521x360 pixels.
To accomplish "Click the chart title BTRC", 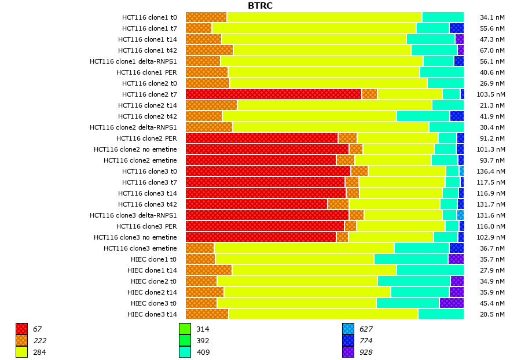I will (x=260, y=6).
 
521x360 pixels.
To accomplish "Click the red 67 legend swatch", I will (x=21, y=329).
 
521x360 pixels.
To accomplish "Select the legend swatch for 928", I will (x=348, y=352).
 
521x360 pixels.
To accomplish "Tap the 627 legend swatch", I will (x=348, y=329).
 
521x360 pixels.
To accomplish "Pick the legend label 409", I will (x=203, y=352).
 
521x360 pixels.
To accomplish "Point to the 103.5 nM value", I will (x=492, y=94).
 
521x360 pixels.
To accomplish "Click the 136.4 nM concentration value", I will (x=492, y=171).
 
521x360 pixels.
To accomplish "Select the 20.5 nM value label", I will (x=492, y=314).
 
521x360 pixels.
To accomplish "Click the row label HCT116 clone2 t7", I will (x=149, y=94).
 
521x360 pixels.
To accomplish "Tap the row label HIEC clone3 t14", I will (x=152, y=314).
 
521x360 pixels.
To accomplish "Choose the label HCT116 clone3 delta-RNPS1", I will (x=133, y=215).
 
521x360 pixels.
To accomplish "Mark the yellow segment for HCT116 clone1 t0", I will (x=324, y=17).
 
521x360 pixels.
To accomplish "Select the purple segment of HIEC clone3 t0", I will (x=452, y=303).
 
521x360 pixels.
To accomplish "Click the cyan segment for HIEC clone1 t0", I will (x=411, y=259).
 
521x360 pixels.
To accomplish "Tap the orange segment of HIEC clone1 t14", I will (x=208, y=270).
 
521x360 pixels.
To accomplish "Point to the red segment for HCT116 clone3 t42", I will (x=256, y=204).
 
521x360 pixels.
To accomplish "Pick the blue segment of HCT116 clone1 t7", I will (x=456, y=28).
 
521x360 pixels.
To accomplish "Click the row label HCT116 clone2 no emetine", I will (x=135, y=149).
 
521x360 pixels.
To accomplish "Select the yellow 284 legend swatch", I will (x=21, y=352).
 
